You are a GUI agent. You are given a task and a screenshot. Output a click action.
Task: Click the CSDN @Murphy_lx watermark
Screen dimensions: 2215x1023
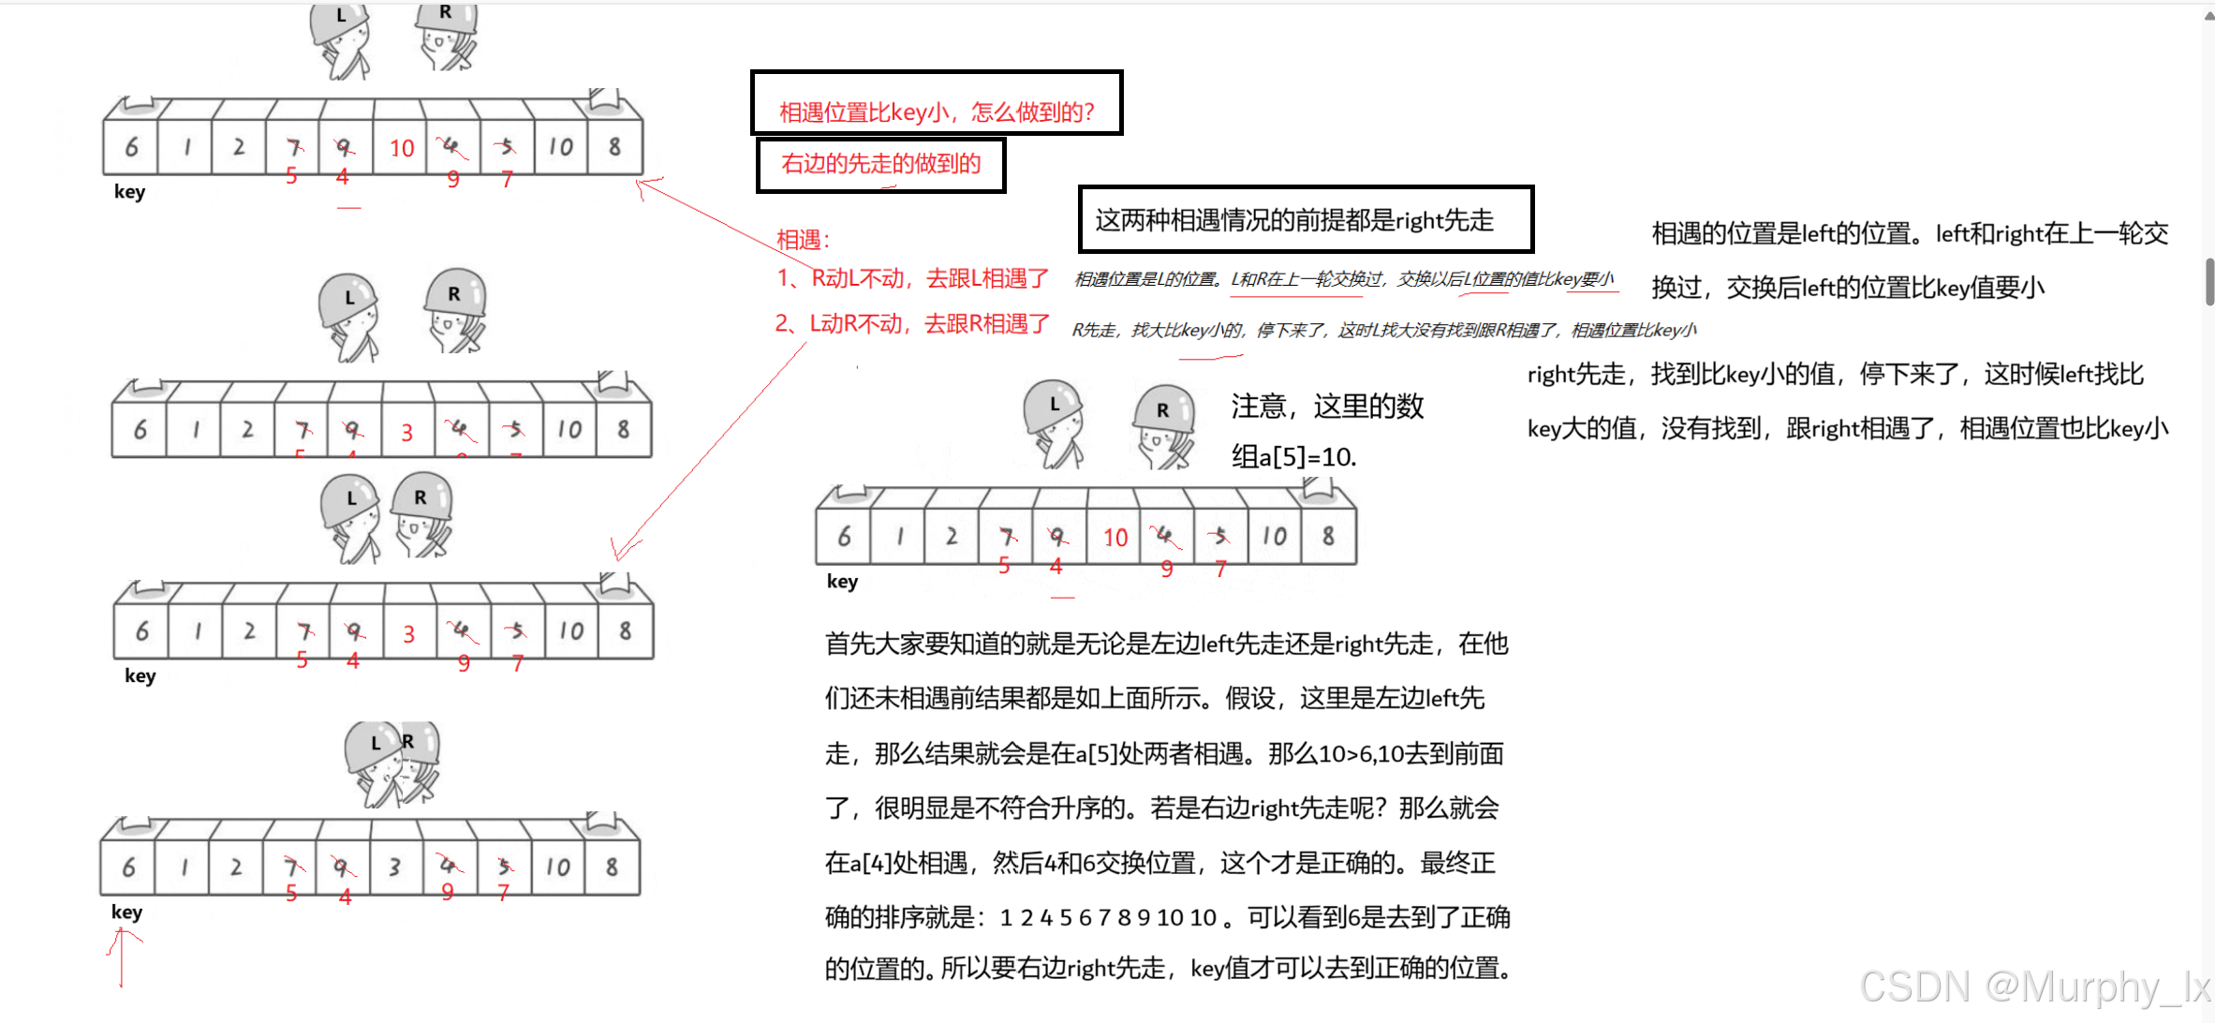point(2032,986)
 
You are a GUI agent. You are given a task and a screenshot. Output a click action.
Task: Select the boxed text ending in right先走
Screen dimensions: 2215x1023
point(1305,220)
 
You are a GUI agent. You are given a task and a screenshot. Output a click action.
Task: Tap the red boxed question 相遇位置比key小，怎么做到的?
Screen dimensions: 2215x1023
point(937,112)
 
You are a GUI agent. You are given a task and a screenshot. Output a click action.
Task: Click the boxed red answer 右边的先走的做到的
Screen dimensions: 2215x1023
point(880,164)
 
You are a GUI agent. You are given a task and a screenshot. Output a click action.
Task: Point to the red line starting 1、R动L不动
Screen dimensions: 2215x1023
point(913,278)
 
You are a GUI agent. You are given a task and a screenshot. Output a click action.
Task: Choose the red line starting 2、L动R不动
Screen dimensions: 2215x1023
point(912,324)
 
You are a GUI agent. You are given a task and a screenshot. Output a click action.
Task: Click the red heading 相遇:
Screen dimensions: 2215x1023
point(804,240)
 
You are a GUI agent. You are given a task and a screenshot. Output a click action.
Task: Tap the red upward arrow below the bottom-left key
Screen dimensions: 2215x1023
point(122,956)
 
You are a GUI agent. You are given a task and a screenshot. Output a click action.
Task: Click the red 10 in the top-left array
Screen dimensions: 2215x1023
point(402,149)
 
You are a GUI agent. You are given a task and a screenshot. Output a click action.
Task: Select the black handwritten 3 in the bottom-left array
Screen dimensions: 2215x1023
point(395,867)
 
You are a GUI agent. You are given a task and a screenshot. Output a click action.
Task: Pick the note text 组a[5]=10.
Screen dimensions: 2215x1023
point(1293,457)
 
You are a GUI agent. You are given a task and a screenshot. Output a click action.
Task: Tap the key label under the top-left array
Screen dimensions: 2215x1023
point(129,192)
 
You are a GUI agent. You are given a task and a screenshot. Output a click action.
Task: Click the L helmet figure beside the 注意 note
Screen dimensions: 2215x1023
point(1055,422)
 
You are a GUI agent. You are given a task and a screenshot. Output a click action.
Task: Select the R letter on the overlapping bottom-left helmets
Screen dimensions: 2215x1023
point(408,741)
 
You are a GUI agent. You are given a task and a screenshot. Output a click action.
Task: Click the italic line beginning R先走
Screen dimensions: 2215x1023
point(1383,331)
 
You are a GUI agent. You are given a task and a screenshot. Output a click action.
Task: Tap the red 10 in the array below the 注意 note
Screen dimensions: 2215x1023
point(1115,538)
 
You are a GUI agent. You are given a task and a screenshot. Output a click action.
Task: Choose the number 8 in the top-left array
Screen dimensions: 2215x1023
point(614,147)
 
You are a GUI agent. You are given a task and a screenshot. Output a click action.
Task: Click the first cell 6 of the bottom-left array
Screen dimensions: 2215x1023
point(128,867)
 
